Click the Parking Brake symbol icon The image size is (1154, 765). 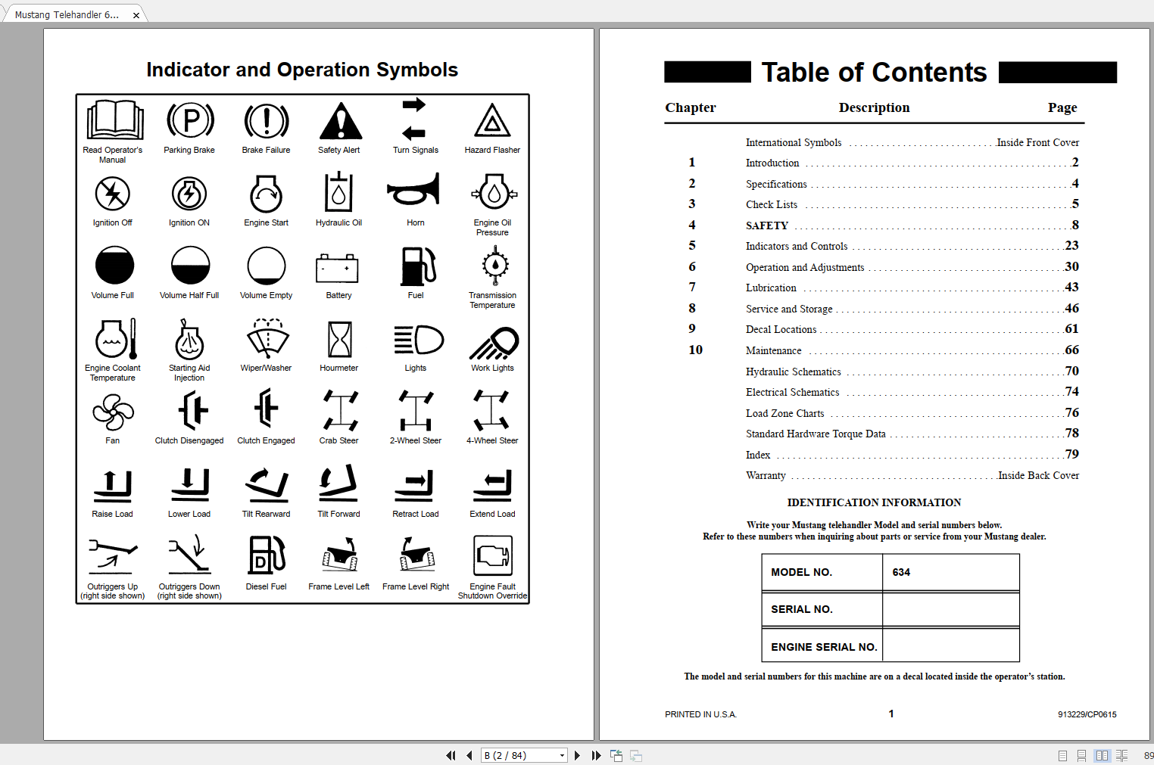point(190,120)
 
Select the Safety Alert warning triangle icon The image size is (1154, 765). point(340,121)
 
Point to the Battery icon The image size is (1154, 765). point(338,268)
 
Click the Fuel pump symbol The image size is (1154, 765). point(418,266)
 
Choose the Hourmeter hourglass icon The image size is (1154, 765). point(339,339)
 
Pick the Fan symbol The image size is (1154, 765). point(113,412)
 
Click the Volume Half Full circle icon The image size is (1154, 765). point(190,266)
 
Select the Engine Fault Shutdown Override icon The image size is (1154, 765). point(492,556)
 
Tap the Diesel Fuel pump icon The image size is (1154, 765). point(267,555)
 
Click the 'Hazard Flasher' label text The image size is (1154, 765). point(492,150)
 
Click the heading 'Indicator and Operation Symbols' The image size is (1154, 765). point(302,70)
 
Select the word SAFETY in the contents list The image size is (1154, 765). point(767,225)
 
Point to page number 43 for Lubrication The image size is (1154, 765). point(1071,288)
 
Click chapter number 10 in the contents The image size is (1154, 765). point(695,350)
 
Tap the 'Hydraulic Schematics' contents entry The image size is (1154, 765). point(793,372)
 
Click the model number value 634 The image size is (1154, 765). point(901,572)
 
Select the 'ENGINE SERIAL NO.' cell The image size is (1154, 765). point(823,647)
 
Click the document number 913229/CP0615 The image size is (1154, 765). point(1087,714)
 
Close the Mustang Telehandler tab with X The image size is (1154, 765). point(136,15)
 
